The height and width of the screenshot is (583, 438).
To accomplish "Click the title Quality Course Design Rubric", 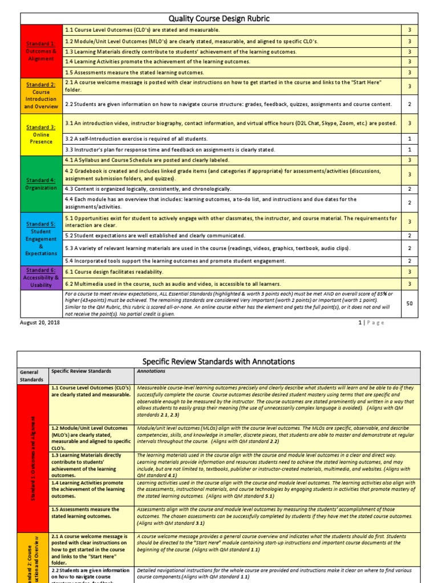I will tap(219, 19).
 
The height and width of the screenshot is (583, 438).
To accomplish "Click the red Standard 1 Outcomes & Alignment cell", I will tap(41, 51).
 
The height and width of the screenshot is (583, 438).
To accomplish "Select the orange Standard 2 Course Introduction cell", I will tap(41, 95).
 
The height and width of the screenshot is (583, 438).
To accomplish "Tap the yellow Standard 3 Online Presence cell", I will tap(41, 134).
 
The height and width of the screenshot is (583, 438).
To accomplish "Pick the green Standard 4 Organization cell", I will tap(41, 183).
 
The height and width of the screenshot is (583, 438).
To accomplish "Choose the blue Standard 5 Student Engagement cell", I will tap(41, 239).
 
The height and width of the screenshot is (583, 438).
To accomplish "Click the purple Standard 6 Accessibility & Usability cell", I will tap(41, 277).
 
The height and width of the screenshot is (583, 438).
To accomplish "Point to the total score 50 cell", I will tap(409, 303).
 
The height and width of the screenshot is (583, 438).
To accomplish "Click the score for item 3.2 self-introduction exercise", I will tap(409, 139).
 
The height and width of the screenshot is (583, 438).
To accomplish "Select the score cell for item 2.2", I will tap(409, 104).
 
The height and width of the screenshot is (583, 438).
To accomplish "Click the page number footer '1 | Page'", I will tap(371, 322).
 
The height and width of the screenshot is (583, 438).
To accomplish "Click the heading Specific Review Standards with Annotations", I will tap(219, 361).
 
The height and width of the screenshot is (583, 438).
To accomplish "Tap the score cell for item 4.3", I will tap(409, 188).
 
